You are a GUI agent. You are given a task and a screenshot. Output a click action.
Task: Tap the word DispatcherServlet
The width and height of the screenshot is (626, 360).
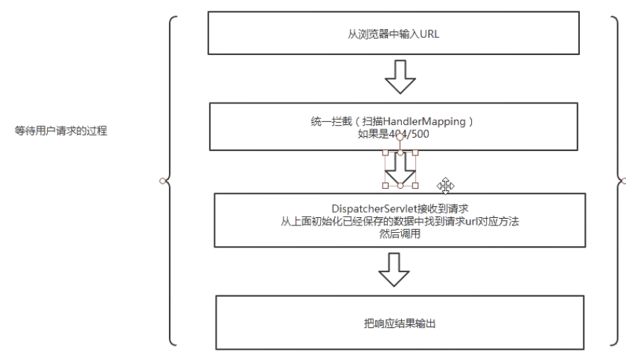click(x=368, y=209)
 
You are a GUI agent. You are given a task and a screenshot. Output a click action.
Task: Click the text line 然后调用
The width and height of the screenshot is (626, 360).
click(x=400, y=234)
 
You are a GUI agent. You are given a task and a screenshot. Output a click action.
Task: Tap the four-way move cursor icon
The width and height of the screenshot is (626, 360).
click(x=447, y=185)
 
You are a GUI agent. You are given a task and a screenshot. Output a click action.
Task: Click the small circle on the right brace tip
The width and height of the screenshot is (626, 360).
click(x=624, y=180)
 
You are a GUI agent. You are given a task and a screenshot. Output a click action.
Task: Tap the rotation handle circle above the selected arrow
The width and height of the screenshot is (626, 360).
click(x=400, y=137)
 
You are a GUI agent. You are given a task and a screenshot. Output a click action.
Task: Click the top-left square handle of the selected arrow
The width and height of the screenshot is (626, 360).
click(x=386, y=153)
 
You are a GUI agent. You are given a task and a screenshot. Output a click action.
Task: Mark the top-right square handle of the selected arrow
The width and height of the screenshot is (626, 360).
click(x=415, y=153)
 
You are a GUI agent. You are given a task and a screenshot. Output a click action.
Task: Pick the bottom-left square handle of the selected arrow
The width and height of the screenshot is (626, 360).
click(x=386, y=185)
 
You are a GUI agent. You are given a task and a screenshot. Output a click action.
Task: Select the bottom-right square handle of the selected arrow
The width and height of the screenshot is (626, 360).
click(x=415, y=185)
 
